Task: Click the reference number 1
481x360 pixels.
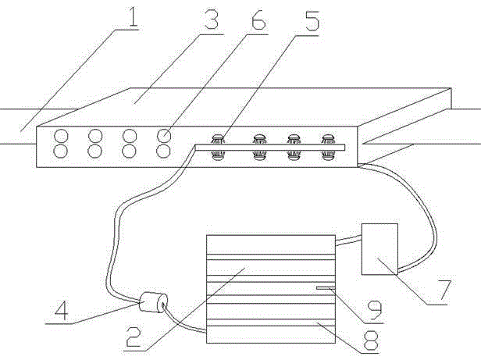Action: pos(134,17)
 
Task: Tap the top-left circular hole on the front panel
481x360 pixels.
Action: pos(59,135)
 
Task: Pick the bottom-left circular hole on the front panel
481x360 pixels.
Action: pos(59,150)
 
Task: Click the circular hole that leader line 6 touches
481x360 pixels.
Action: pos(163,135)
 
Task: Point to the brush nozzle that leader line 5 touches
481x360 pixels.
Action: pos(219,137)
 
